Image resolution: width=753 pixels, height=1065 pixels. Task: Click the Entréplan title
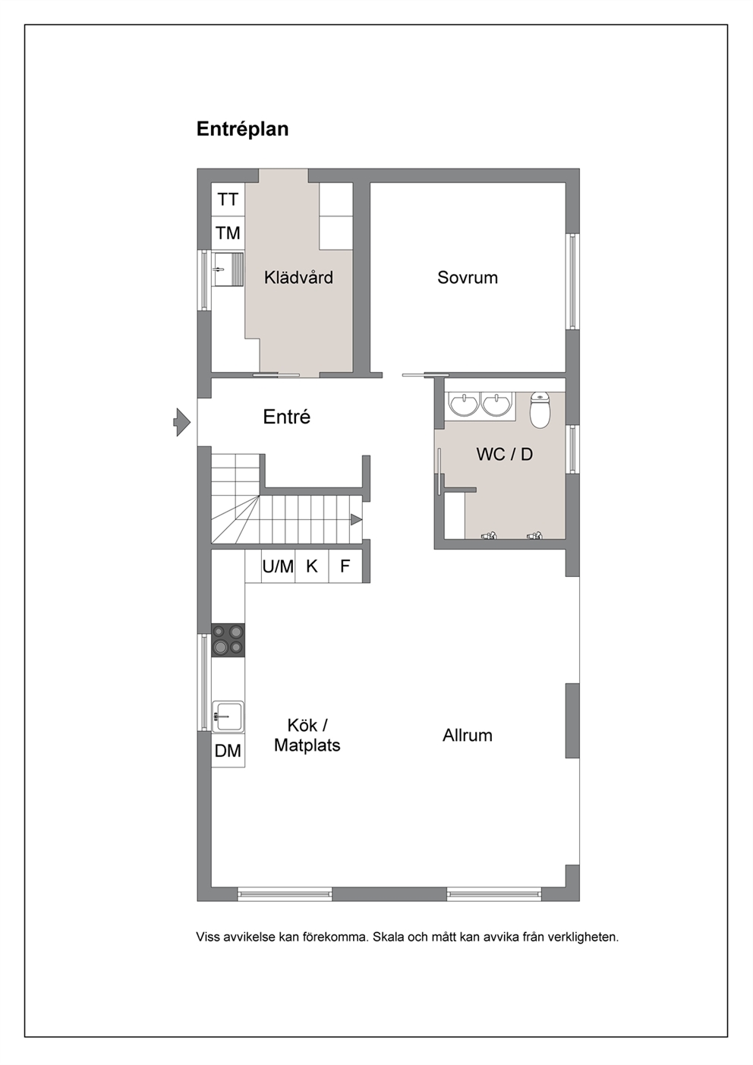pyautogui.click(x=242, y=129)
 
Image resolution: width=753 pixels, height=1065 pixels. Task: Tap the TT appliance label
pyautogui.click(x=228, y=200)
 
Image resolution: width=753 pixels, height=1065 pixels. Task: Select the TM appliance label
pyautogui.click(x=228, y=234)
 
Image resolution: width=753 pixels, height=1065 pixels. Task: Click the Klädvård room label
pyautogui.click(x=298, y=277)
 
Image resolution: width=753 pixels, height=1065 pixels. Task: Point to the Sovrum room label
pyautogui.click(x=468, y=278)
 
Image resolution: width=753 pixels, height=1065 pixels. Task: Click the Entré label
pyautogui.click(x=287, y=417)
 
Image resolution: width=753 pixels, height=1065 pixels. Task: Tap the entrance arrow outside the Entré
pyautogui.click(x=181, y=422)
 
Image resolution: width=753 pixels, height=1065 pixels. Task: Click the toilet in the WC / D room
pyautogui.click(x=540, y=410)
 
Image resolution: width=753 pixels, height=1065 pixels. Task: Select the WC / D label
pyautogui.click(x=504, y=454)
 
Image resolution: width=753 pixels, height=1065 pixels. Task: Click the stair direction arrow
pyautogui.click(x=356, y=520)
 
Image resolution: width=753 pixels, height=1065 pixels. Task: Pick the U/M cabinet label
pyautogui.click(x=278, y=566)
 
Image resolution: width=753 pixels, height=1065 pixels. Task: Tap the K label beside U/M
pyautogui.click(x=312, y=566)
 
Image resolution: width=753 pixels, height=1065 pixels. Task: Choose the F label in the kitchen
pyautogui.click(x=345, y=566)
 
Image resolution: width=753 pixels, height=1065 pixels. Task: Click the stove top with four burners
pyautogui.click(x=228, y=641)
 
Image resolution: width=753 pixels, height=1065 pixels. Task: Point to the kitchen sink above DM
pyautogui.click(x=228, y=717)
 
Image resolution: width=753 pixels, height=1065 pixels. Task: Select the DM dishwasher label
pyautogui.click(x=228, y=751)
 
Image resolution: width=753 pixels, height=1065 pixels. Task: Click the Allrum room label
pyautogui.click(x=468, y=736)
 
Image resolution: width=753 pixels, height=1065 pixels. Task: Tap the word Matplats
pyautogui.click(x=307, y=745)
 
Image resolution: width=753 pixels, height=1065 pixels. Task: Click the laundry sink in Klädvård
pyautogui.click(x=228, y=269)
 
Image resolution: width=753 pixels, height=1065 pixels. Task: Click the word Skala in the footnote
pyautogui.click(x=387, y=937)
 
